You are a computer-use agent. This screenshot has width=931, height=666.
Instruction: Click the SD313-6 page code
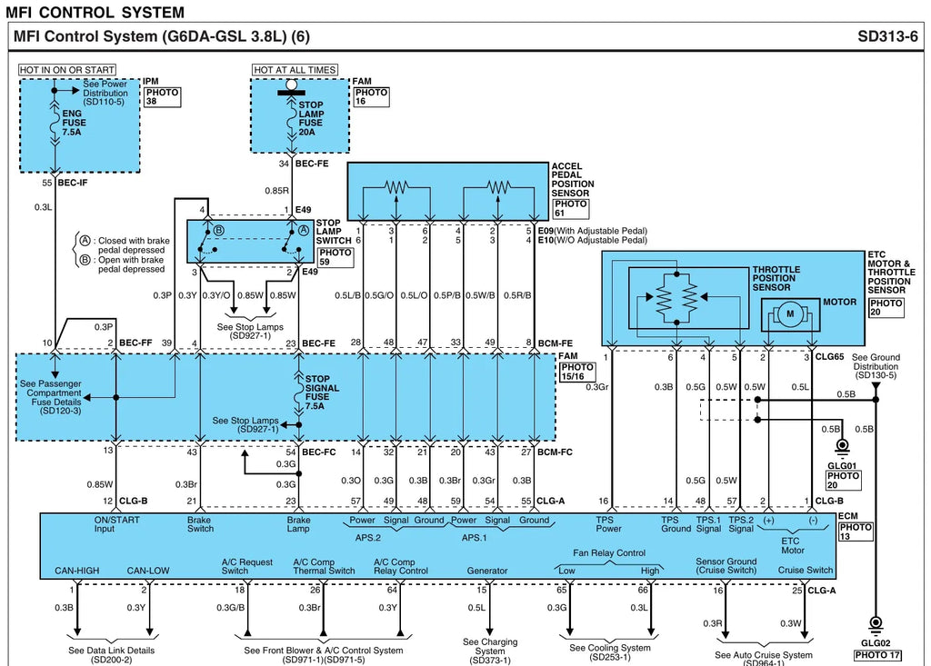tap(887, 37)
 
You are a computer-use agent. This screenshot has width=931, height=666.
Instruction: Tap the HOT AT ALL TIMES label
tap(295, 70)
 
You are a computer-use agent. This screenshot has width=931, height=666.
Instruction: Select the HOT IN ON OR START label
tap(67, 70)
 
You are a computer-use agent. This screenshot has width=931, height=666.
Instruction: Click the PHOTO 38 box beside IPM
tap(163, 96)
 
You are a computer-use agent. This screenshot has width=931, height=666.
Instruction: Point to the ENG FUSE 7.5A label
tap(74, 123)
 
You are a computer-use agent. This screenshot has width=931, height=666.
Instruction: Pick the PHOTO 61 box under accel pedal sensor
tap(571, 208)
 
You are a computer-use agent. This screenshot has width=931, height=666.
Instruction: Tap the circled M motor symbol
tap(790, 314)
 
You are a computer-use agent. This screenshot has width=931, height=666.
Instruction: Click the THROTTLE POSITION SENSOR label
tap(776, 278)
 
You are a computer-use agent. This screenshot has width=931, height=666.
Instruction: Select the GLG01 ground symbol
tap(842, 446)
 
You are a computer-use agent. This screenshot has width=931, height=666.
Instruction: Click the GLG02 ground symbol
tap(876, 624)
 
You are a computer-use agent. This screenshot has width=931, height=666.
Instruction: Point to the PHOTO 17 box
tap(877, 655)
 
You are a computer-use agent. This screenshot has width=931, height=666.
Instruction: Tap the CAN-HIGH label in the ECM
tap(77, 571)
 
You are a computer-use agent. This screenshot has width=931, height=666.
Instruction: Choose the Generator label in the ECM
tap(487, 571)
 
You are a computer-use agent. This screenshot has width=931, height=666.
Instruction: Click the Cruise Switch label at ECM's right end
tap(806, 571)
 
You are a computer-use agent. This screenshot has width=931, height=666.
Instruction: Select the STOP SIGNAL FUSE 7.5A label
tap(322, 393)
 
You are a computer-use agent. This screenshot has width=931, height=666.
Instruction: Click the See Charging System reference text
tap(490, 651)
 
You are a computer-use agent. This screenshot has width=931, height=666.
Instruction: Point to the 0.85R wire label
tap(276, 191)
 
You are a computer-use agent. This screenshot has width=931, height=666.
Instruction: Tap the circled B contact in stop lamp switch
tap(218, 230)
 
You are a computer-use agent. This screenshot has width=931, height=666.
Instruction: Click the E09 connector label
tap(546, 231)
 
